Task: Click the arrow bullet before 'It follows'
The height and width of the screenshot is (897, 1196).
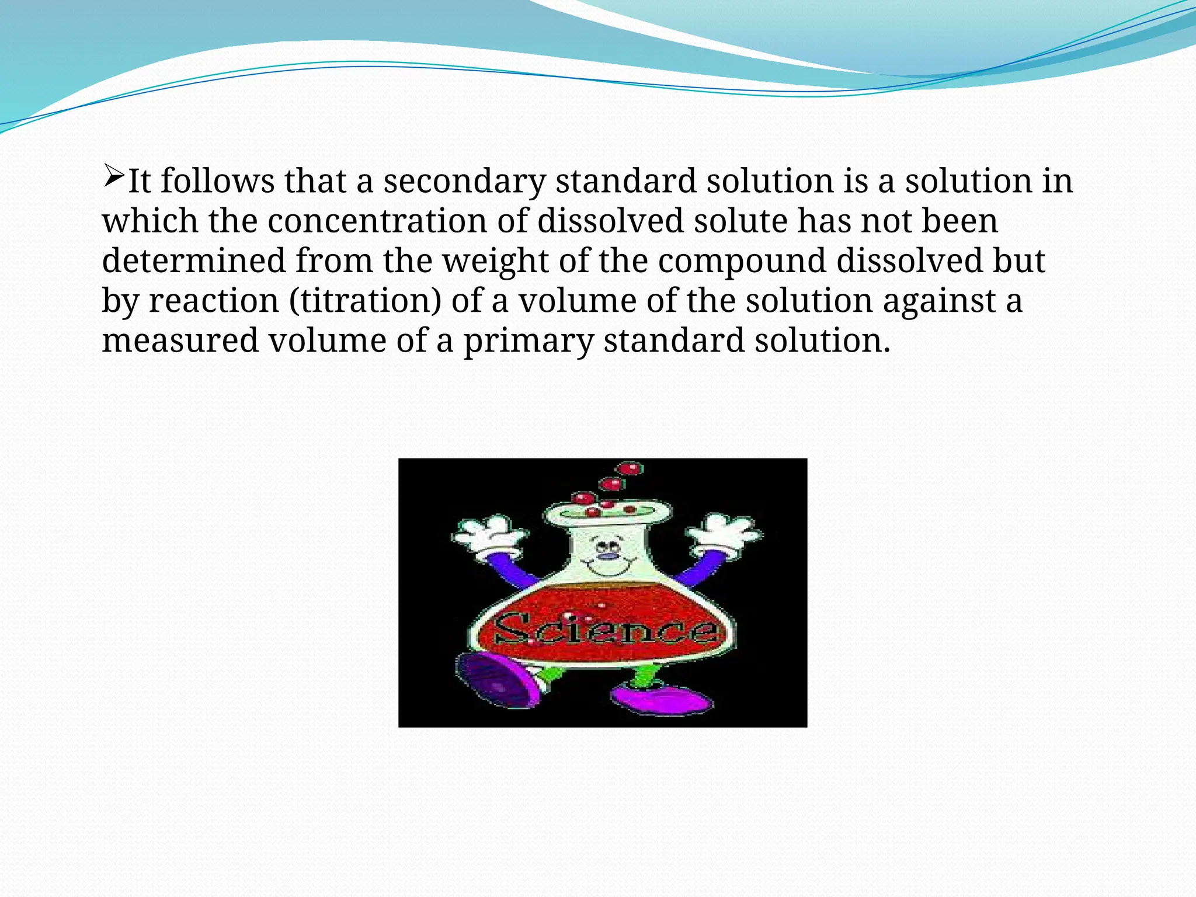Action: [113, 176]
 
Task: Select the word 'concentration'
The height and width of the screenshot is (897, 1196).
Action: [377, 221]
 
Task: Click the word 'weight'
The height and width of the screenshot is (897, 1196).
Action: [495, 261]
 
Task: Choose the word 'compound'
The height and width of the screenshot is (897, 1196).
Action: [742, 261]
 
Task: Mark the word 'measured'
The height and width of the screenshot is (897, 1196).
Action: [180, 340]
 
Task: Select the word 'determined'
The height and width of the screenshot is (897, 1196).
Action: [194, 260]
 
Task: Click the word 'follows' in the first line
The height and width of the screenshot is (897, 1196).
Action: [218, 181]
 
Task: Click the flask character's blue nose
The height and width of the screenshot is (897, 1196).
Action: [609, 555]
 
